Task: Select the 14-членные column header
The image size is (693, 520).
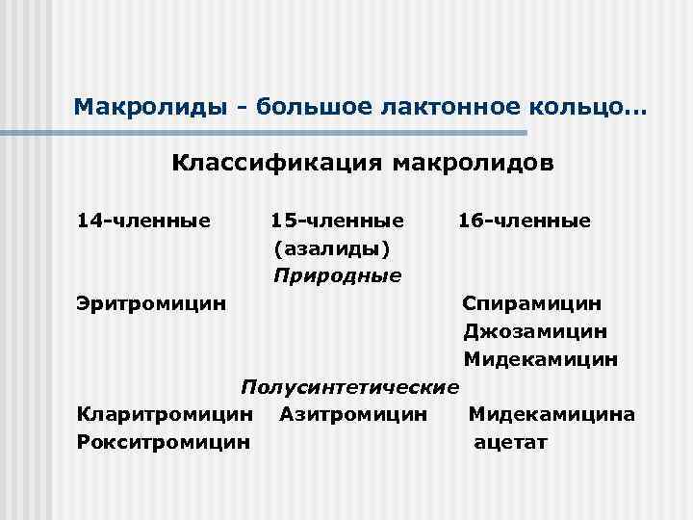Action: click(143, 221)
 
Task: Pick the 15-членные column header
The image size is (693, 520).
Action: click(337, 221)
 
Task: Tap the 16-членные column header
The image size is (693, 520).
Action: click(524, 221)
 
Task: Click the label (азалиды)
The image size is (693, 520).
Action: click(332, 248)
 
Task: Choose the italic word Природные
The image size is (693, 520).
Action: click(337, 276)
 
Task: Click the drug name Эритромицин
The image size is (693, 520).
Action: click(152, 304)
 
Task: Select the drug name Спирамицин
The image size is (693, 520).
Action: click(532, 304)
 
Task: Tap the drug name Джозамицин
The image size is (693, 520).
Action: click(534, 332)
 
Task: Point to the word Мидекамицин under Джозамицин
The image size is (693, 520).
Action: click(540, 359)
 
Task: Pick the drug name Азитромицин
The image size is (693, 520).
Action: click(353, 415)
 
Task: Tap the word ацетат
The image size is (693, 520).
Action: click(510, 443)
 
